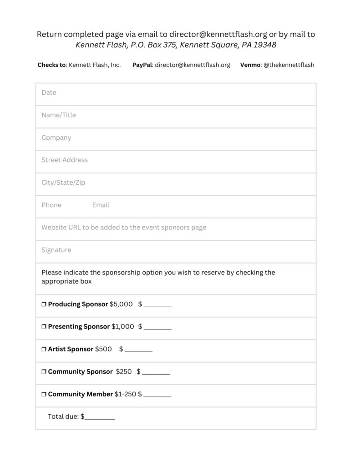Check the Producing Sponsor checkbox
44,304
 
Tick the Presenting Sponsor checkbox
44,327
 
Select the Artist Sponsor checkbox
44,349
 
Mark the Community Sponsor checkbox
44,372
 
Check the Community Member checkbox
44,394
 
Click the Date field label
49,92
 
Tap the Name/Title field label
59,115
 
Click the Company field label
56,137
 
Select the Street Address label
65,160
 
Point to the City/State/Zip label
63,182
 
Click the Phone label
51,205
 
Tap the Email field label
101,205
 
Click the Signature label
56,250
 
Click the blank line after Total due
100,417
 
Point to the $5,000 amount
121,304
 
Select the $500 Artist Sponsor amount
103,349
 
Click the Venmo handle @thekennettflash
289,65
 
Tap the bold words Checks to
51,65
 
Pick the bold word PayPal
142,65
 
